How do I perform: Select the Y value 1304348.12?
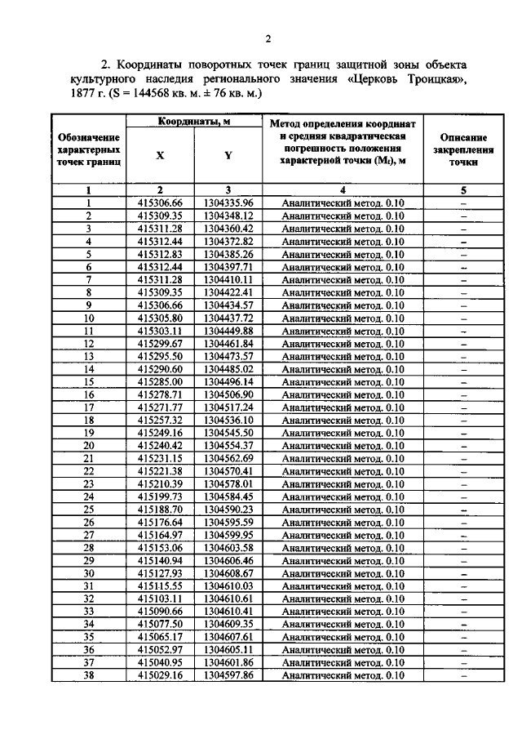tap(228, 216)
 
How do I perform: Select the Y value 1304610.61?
tap(228, 599)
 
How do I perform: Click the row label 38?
tap(89, 675)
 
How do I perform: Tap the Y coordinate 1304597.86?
tap(228, 675)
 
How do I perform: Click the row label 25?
tap(89, 509)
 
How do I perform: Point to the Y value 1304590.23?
tap(228, 509)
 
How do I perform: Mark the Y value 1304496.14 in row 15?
tap(228, 381)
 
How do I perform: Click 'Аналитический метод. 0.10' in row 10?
tap(342, 318)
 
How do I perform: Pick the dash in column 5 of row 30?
tap(462, 573)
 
